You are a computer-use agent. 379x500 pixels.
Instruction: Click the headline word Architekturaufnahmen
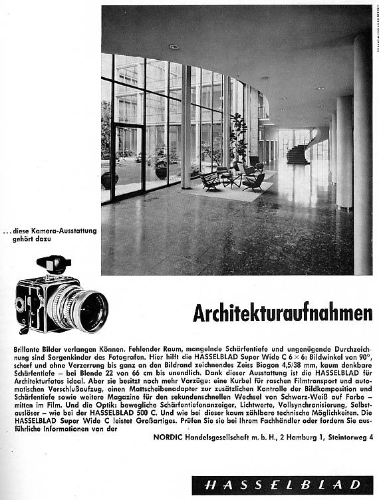(283, 312)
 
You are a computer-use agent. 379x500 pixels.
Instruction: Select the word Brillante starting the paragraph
(30, 349)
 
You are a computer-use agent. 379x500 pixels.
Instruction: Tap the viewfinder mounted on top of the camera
(53, 264)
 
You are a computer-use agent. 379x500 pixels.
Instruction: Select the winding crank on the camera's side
(25, 326)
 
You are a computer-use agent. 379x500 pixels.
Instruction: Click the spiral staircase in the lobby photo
(298, 152)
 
